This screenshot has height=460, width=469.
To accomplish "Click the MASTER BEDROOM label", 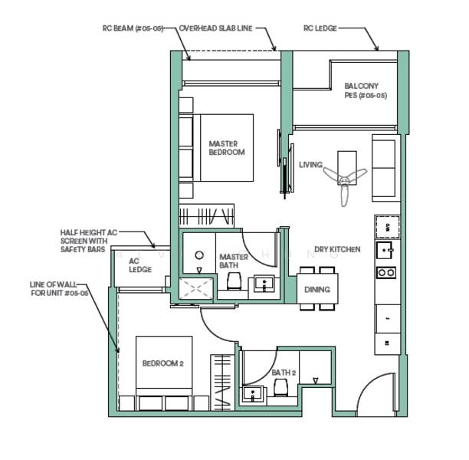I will (x=227, y=148).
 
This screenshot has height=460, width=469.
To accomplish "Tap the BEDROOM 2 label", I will (x=162, y=363).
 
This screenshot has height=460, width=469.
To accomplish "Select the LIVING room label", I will (x=310, y=165).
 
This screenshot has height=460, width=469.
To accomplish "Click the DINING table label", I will (x=316, y=289).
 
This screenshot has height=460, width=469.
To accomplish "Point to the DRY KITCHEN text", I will (x=337, y=250).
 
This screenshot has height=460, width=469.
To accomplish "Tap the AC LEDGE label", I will (x=140, y=264).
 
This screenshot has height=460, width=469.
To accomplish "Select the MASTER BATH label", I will (x=233, y=261).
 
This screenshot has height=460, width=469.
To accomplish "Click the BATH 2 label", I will (x=284, y=373).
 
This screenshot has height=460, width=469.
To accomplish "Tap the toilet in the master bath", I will (x=235, y=283).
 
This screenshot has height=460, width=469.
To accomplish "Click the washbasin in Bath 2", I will (x=253, y=395).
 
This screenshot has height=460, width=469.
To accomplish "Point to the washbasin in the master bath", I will (x=265, y=284).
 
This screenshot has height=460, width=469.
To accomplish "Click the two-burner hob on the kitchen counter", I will (x=386, y=272).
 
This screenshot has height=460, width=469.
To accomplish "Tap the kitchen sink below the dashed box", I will (x=385, y=250).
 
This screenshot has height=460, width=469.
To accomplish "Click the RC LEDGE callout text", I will (x=320, y=28).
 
